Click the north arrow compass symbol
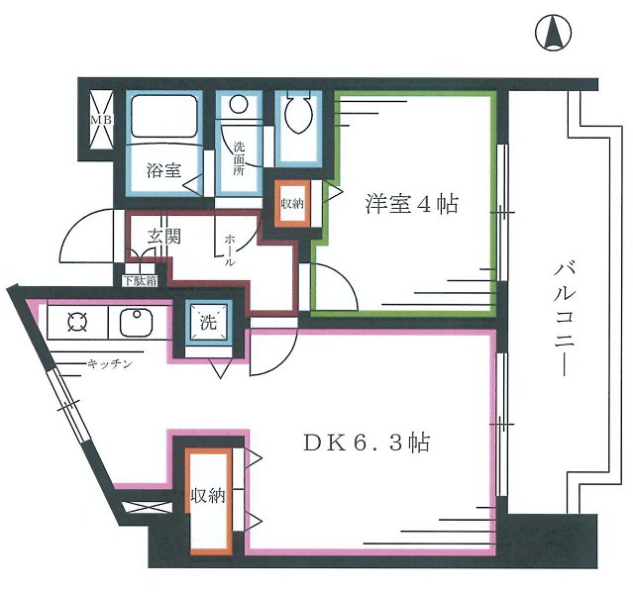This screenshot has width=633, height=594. (555, 35)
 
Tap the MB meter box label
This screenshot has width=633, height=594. (99, 120)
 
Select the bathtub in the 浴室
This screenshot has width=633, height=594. (164, 117)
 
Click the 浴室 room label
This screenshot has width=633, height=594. (163, 169)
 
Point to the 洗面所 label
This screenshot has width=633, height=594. (239, 158)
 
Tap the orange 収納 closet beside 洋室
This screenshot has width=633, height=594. (293, 204)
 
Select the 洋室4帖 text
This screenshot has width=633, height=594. (411, 206)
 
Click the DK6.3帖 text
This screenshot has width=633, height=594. (366, 443)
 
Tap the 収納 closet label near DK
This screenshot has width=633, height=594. (209, 495)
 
